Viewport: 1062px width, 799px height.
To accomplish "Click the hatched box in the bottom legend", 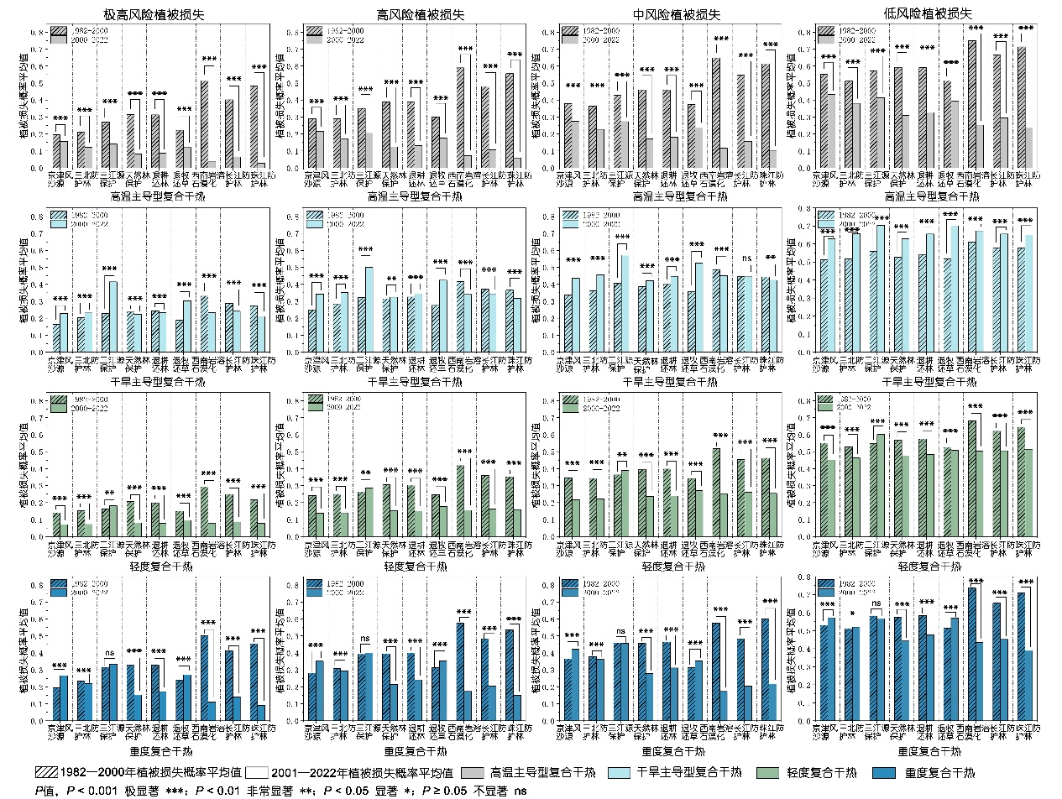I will click(48, 771).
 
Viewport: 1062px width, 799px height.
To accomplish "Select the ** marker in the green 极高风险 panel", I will click(111, 493).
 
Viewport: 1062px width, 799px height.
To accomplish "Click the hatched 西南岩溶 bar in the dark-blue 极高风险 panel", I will click(204, 677).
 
